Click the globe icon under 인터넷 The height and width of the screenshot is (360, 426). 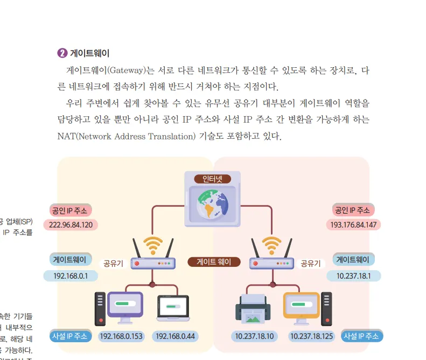(x=213, y=204)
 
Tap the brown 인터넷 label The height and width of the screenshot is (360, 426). (x=213, y=179)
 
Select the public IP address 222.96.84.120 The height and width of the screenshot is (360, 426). (x=71, y=224)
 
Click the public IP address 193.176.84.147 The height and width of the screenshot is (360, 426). (x=353, y=224)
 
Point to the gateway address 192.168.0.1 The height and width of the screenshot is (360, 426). (x=71, y=276)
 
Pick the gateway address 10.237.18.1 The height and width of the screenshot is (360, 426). (x=353, y=276)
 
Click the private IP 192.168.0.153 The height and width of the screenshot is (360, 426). (x=122, y=336)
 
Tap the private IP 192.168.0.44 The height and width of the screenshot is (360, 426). (x=174, y=336)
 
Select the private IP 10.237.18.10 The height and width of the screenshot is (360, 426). (x=255, y=336)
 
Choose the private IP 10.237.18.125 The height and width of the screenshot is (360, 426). (x=311, y=336)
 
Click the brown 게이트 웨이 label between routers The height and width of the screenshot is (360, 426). (x=213, y=262)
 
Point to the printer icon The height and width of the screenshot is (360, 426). (x=252, y=309)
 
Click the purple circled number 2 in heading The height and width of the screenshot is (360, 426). (x=62, y=53)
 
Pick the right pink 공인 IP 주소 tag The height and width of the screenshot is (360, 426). (x=353, y=210)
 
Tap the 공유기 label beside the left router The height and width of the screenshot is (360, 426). (x=114, y=264)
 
